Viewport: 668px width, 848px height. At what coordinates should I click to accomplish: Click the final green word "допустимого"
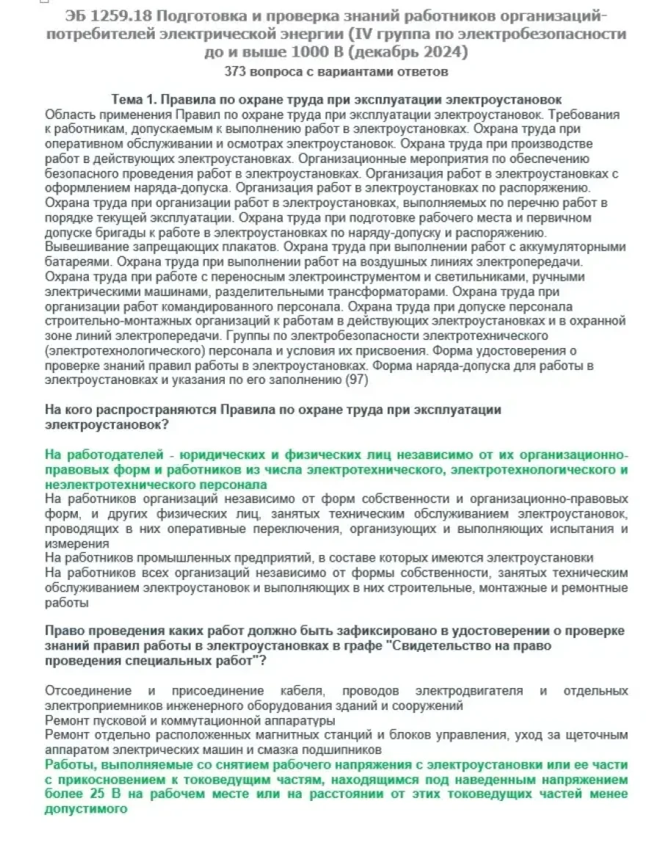[86, 808]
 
